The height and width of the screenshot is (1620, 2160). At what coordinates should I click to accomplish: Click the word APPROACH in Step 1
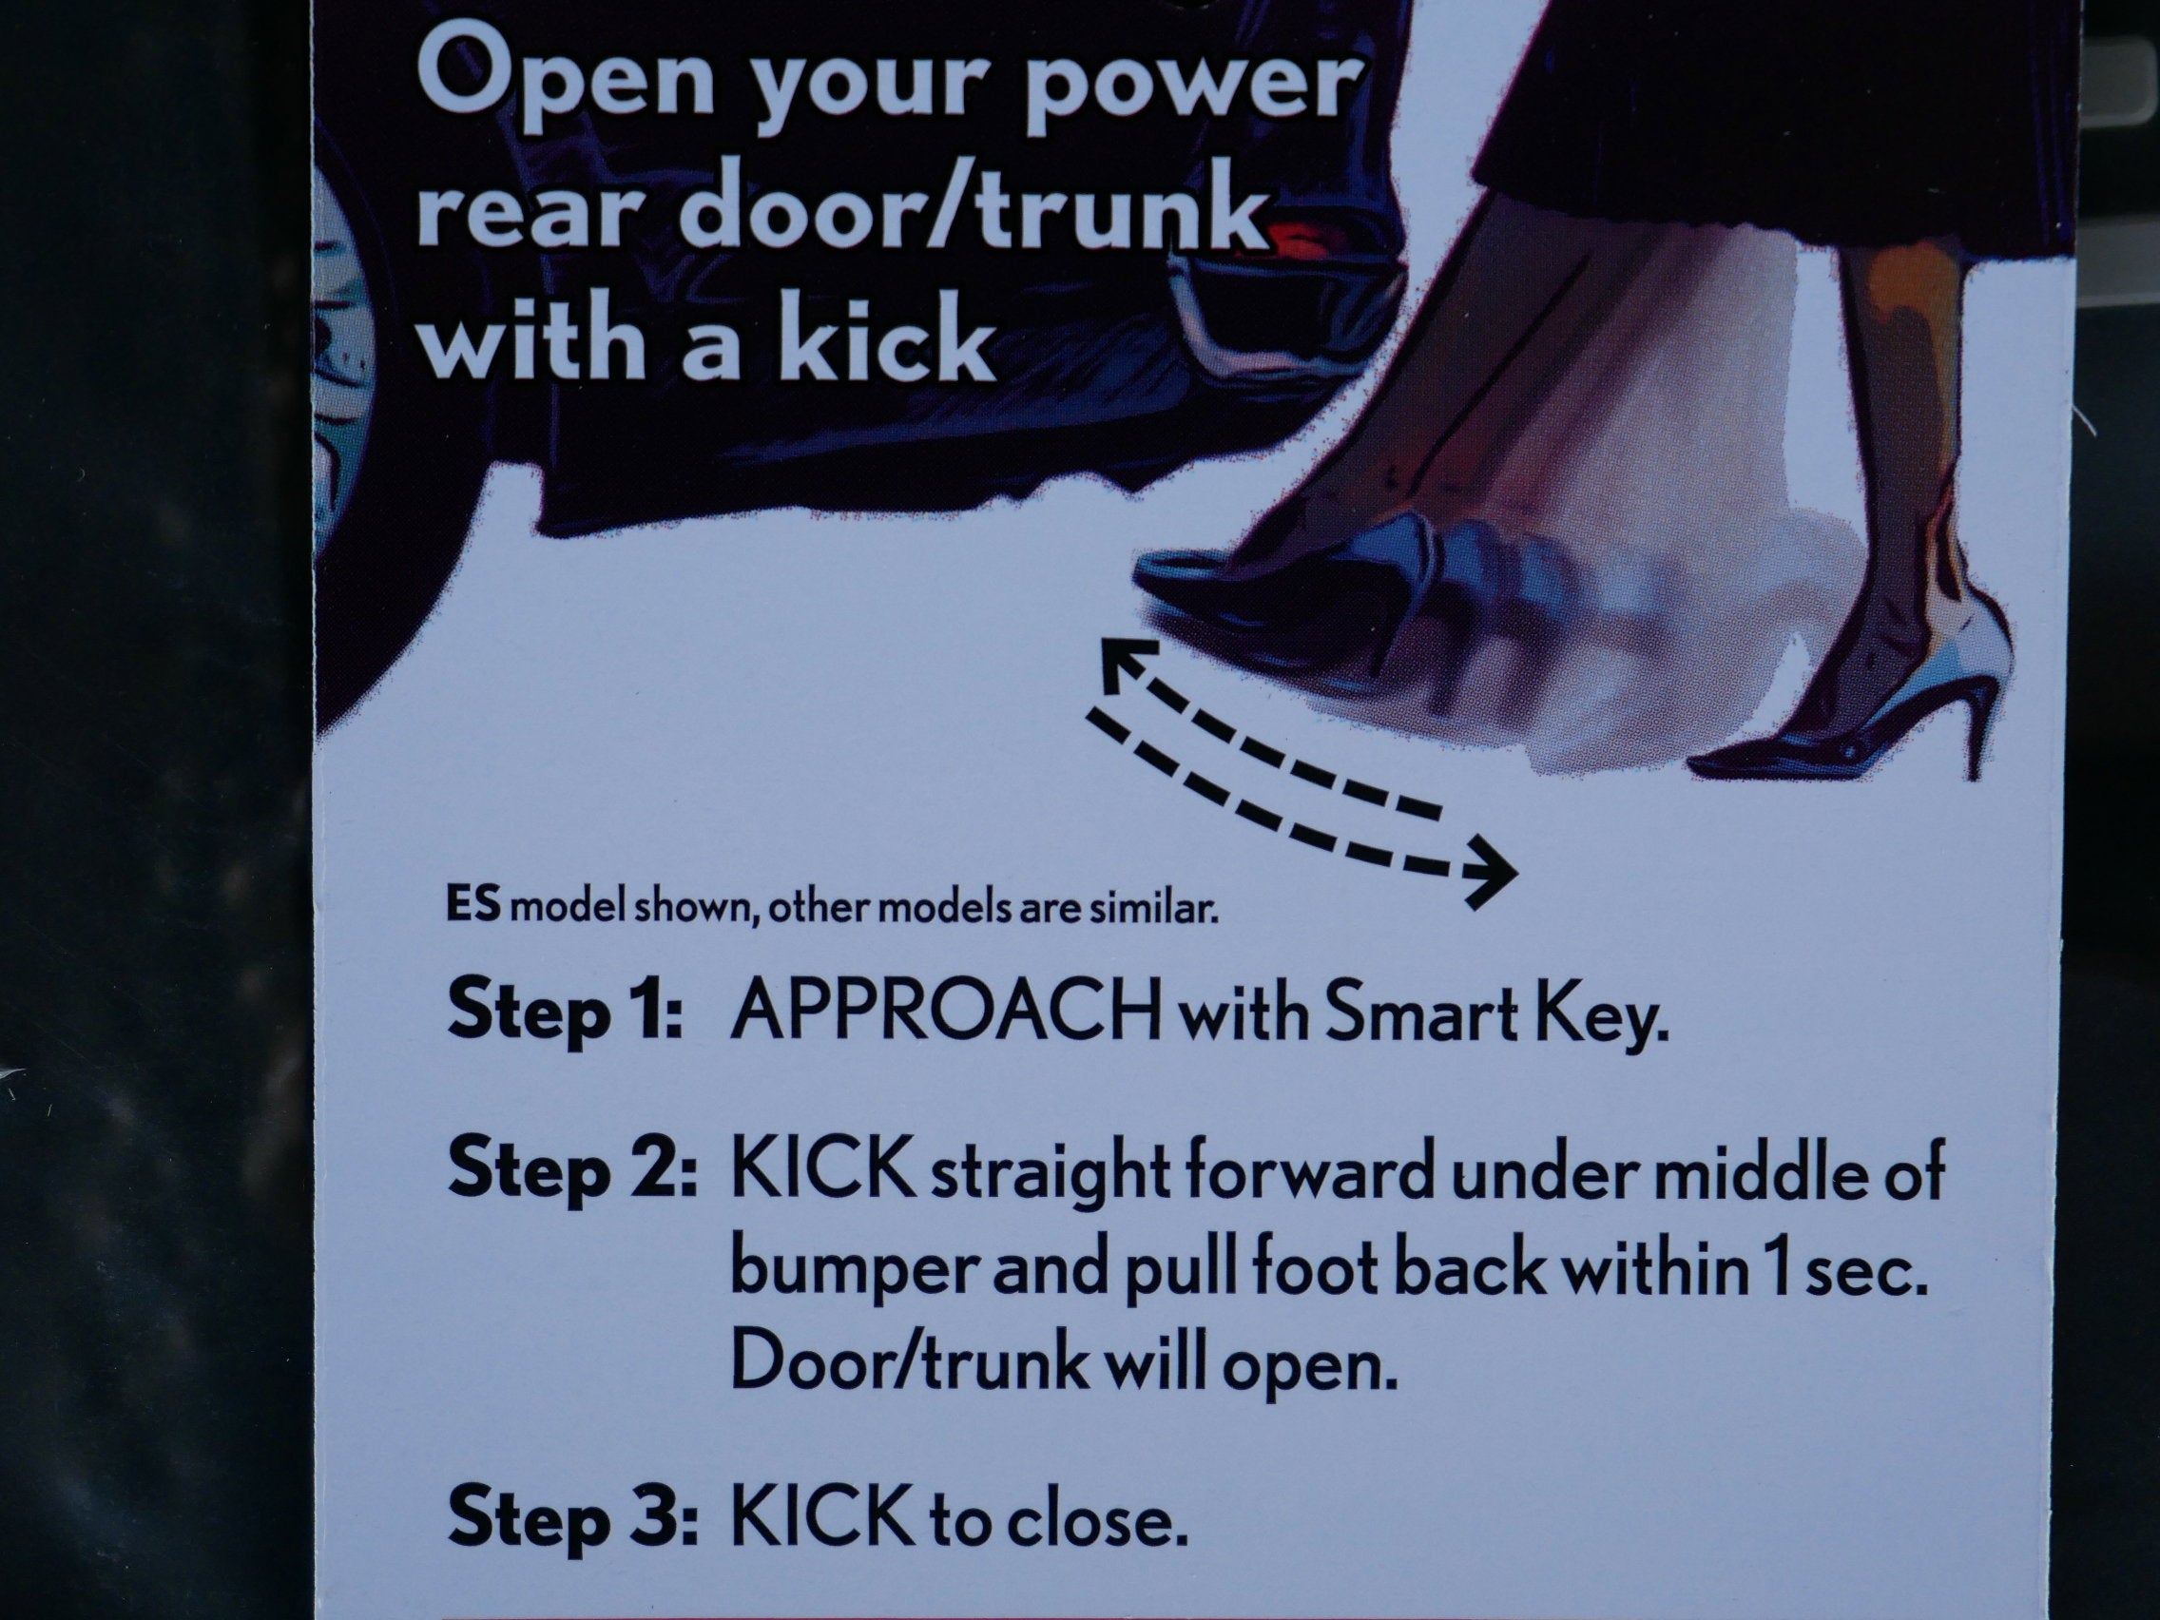coord(946,1013)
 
